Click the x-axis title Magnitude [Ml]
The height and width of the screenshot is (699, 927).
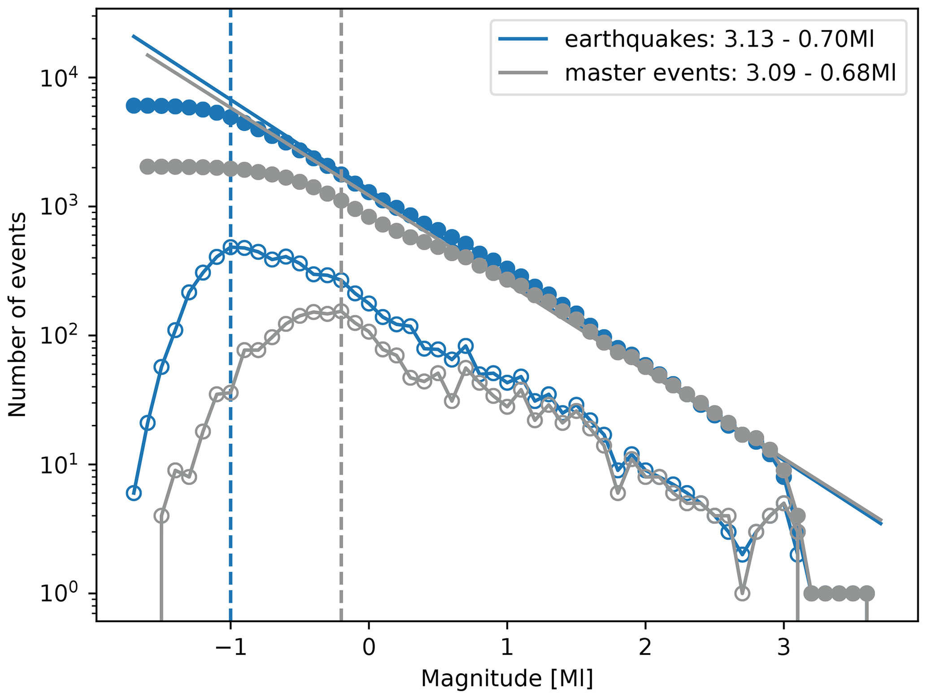point(507,678)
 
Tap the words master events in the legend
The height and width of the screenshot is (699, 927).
point(648,73)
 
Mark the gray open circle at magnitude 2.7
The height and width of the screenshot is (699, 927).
point(742,593)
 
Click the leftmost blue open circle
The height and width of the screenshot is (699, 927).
point(134,493)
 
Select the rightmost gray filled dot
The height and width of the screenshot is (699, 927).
point(867,593)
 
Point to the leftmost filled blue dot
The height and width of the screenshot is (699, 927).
point(133,106)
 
